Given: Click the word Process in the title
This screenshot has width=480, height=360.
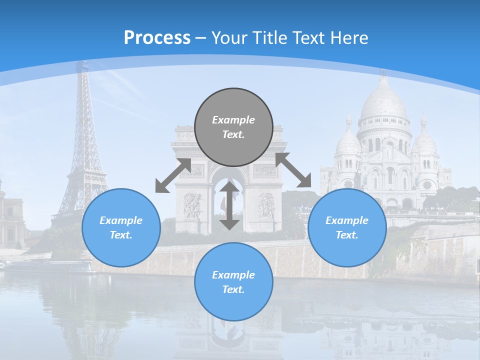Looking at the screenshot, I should pos(157,37).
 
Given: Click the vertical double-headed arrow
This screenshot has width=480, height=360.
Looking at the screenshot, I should pos(229,205).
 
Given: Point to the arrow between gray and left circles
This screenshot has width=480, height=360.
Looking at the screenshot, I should pos(173,175).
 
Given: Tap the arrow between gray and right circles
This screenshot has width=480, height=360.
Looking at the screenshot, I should pos(293,170).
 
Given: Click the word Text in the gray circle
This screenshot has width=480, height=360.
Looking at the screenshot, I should pos(233,134).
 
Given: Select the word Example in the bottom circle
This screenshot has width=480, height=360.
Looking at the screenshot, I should pos(233,274).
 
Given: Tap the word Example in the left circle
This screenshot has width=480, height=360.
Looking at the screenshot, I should pos(121,220).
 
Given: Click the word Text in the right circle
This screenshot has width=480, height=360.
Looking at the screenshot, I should pos(347,234).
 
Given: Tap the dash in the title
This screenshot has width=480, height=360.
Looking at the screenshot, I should pos(201,38).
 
